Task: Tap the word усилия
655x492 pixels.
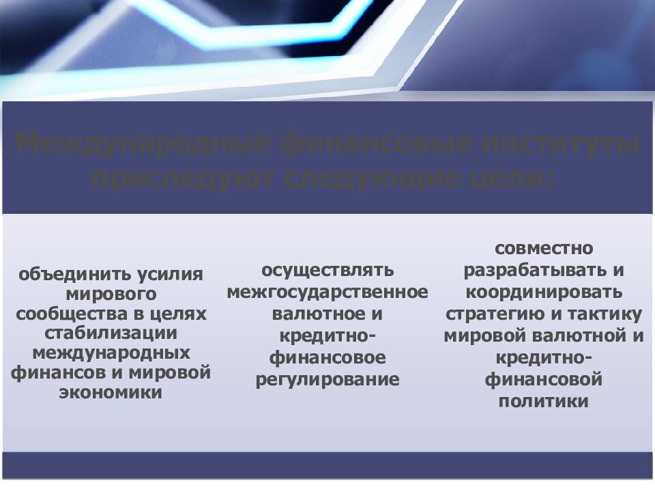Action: [x=170, y=275]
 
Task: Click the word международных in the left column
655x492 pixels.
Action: [x=111, y=353]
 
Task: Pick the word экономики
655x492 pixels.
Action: [x=111, y=393]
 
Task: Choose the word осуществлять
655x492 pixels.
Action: [x=327, y=270]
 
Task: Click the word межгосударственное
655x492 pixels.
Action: [x=327, y=292]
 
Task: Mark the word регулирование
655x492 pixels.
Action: [x=327, y=379]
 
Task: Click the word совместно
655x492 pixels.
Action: [x=544, y=247]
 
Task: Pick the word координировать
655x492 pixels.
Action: [x=544, y=292]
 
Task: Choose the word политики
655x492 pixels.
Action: [x=544, y=401]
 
